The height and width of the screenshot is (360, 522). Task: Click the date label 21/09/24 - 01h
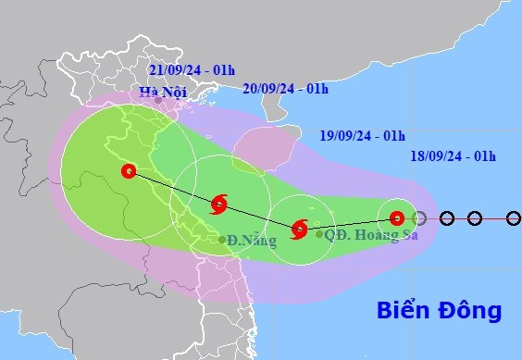coord(197,71)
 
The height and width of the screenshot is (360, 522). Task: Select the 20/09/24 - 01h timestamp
coord(285,89)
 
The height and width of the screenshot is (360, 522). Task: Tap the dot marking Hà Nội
coord(158,100)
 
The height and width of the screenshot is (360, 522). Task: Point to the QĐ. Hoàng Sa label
coord(367,235)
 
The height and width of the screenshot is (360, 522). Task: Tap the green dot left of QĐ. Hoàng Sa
coord(319,234)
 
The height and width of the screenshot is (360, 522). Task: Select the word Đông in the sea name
coord(470,309)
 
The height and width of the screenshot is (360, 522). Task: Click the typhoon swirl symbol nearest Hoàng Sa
coord(300,229)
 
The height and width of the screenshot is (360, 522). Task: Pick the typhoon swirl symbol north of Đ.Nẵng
coord(219,205)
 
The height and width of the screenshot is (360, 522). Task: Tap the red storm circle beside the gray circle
coord(396,218)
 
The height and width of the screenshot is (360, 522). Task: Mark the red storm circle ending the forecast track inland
coord(129,171)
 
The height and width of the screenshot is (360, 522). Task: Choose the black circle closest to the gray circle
coord(447,218)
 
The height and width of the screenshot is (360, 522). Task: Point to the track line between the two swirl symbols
coord(259,217)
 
